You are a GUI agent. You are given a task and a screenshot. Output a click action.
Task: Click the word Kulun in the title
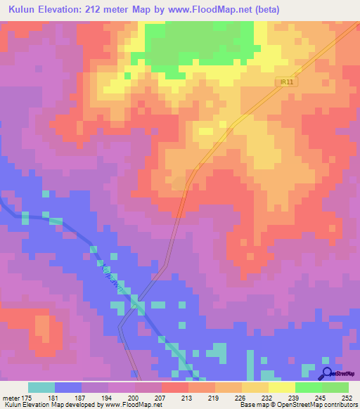pos(20,10)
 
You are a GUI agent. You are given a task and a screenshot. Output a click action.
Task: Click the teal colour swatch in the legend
pos(41,387)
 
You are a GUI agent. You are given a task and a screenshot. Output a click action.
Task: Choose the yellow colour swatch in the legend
pos(281,387)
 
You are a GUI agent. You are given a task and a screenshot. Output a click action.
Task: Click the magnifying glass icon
pos(327,373)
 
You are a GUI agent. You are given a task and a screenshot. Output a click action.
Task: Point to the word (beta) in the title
pos(260,10)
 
